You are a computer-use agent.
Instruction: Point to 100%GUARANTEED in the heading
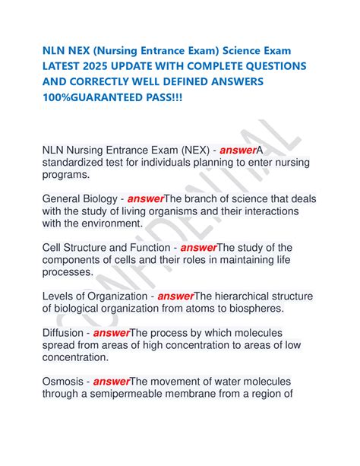(x=93, y=100)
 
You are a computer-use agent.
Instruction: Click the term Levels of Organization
(x=94, y=296)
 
